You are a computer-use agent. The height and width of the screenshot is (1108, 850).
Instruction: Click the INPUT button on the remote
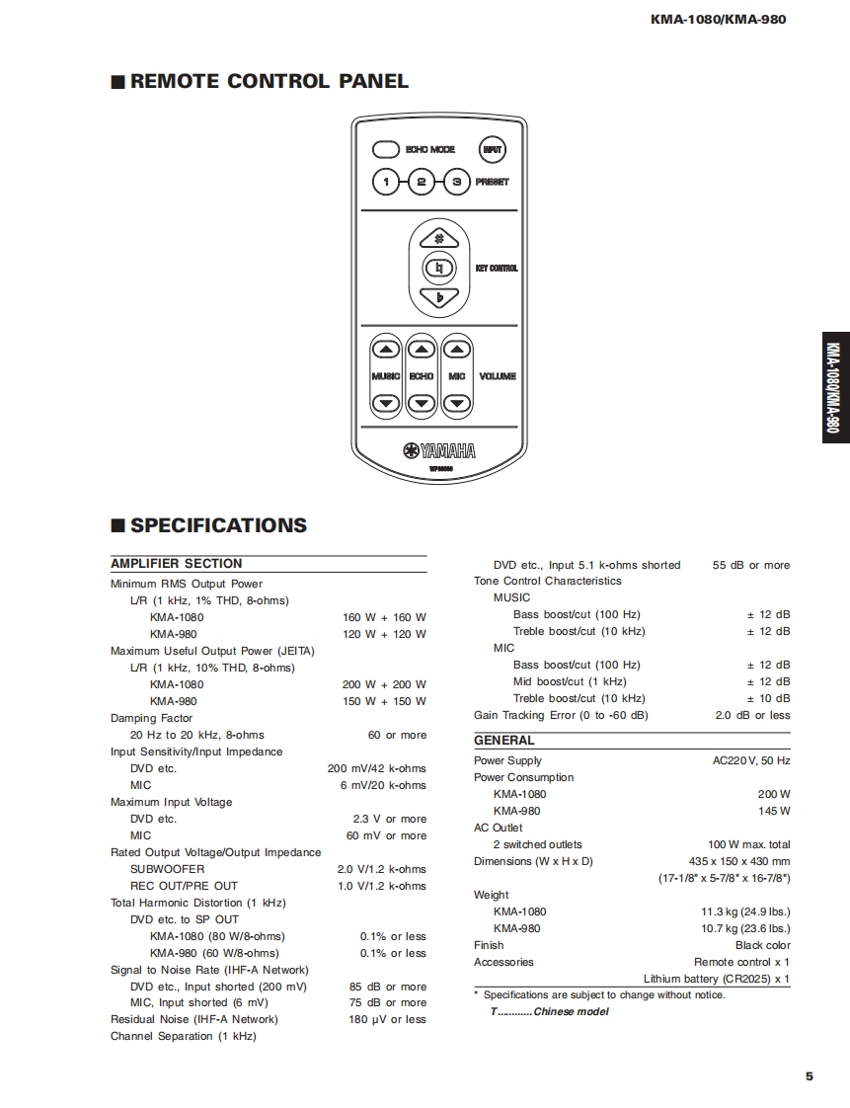(492, 150)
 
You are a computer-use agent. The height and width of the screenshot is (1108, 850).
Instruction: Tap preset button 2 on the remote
(422, 182)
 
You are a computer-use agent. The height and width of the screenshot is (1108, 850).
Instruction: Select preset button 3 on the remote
(456, 182)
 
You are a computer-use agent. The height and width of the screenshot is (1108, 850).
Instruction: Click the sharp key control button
(439, 238)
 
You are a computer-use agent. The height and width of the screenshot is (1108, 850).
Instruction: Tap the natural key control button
(439, 268)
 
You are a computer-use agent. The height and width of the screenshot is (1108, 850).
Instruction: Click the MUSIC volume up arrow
(386, 349)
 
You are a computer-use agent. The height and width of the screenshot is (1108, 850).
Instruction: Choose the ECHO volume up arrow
(422, 349)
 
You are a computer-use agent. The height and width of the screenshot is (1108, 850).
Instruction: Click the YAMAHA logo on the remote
(439, 451)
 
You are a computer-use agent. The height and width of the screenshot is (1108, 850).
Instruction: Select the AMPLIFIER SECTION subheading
(177, 564)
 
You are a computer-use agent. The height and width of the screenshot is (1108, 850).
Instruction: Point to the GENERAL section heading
(503, 741)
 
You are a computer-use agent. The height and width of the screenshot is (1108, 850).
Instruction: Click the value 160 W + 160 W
(384, 617)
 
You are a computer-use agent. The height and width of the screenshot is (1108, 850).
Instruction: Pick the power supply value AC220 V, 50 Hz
(751, 761)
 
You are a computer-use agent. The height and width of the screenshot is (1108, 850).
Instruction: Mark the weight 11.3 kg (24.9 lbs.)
(745, 911)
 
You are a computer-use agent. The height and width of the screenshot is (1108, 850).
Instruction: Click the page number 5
(809, 1076)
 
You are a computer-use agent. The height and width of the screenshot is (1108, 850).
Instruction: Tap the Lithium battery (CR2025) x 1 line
(717, 979)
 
